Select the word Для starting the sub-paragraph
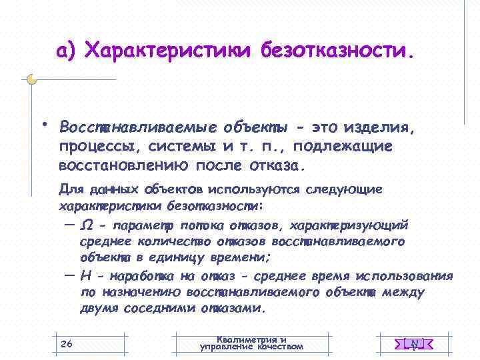69,189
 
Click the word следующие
345,189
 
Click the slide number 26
66,343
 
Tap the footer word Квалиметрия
251,339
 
